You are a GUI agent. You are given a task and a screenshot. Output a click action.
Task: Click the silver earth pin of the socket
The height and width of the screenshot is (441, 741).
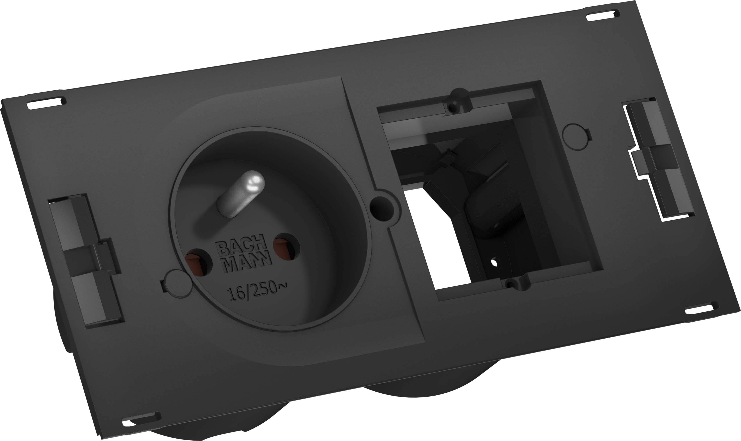241,193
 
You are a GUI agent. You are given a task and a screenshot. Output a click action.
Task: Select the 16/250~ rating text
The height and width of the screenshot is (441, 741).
257,290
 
